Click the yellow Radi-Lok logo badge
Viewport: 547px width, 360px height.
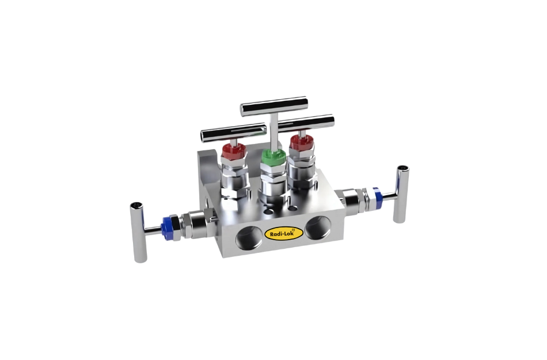283,233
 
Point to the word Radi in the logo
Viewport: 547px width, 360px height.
276,233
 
